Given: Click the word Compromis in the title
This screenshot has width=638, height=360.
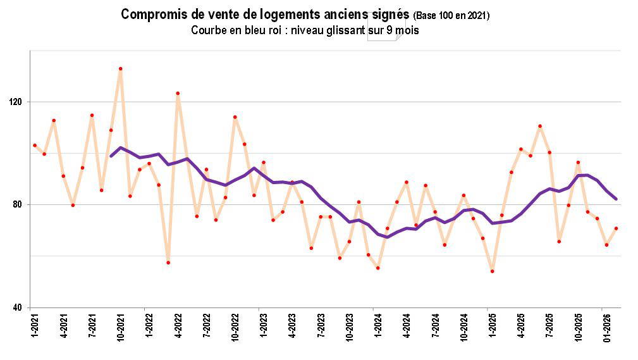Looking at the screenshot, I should click(151, 15).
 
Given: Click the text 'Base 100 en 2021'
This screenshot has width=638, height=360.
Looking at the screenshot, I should click(451, 16).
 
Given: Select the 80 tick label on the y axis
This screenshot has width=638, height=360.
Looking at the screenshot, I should click(17, 204).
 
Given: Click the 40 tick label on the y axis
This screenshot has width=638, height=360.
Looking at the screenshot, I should click(17, 307).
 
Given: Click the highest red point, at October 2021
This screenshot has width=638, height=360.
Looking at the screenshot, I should click(120, 68).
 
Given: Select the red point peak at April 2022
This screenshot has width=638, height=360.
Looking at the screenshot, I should click(178, 93).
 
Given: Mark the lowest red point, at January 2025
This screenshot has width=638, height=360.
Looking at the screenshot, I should click(492, 271).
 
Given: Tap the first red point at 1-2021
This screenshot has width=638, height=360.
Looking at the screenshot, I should click(35, 145).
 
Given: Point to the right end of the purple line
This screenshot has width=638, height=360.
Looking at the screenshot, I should click(616, 199).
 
